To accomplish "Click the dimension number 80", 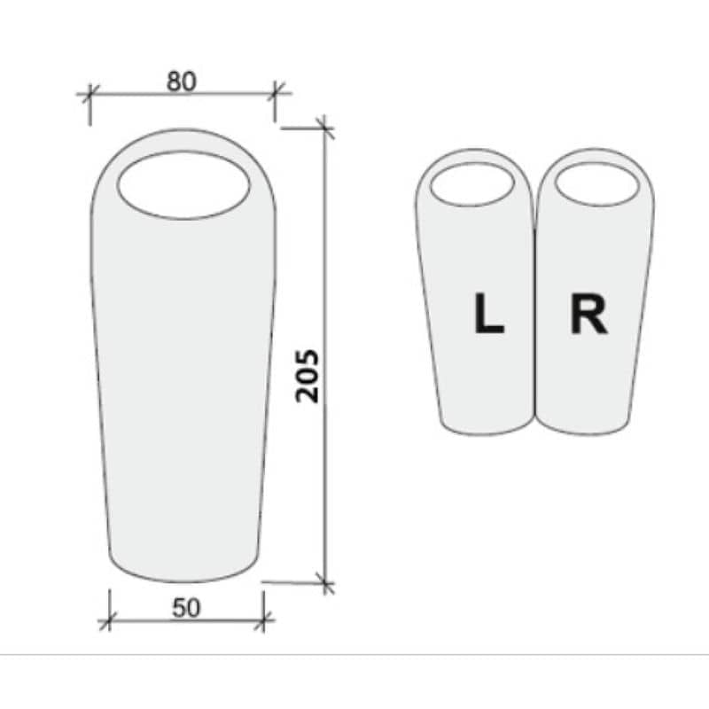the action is click(x=182, y=82).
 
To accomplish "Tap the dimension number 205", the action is click(x=308, y=376).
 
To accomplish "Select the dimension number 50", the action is click(x=186, y=608).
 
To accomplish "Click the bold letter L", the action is click(x=488, y=313).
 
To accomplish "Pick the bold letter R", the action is click(x=588, y=313).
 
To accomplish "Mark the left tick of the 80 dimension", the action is click(x=90, y=94).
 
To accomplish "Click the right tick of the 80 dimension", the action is click(x=276, y=93).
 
